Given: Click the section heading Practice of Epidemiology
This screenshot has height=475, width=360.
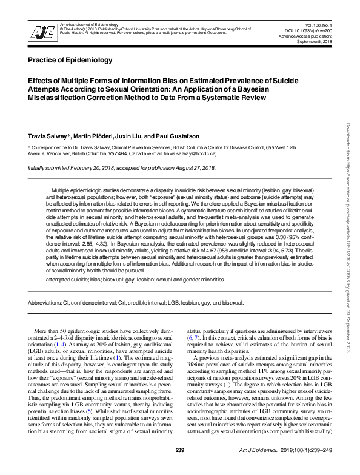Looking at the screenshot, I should pos(70,60).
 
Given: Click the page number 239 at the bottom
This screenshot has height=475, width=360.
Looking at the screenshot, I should pos(179,466).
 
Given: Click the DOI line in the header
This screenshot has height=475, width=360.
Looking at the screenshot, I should pos(309,29).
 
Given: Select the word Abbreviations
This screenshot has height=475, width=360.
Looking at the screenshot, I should pos(48,302).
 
